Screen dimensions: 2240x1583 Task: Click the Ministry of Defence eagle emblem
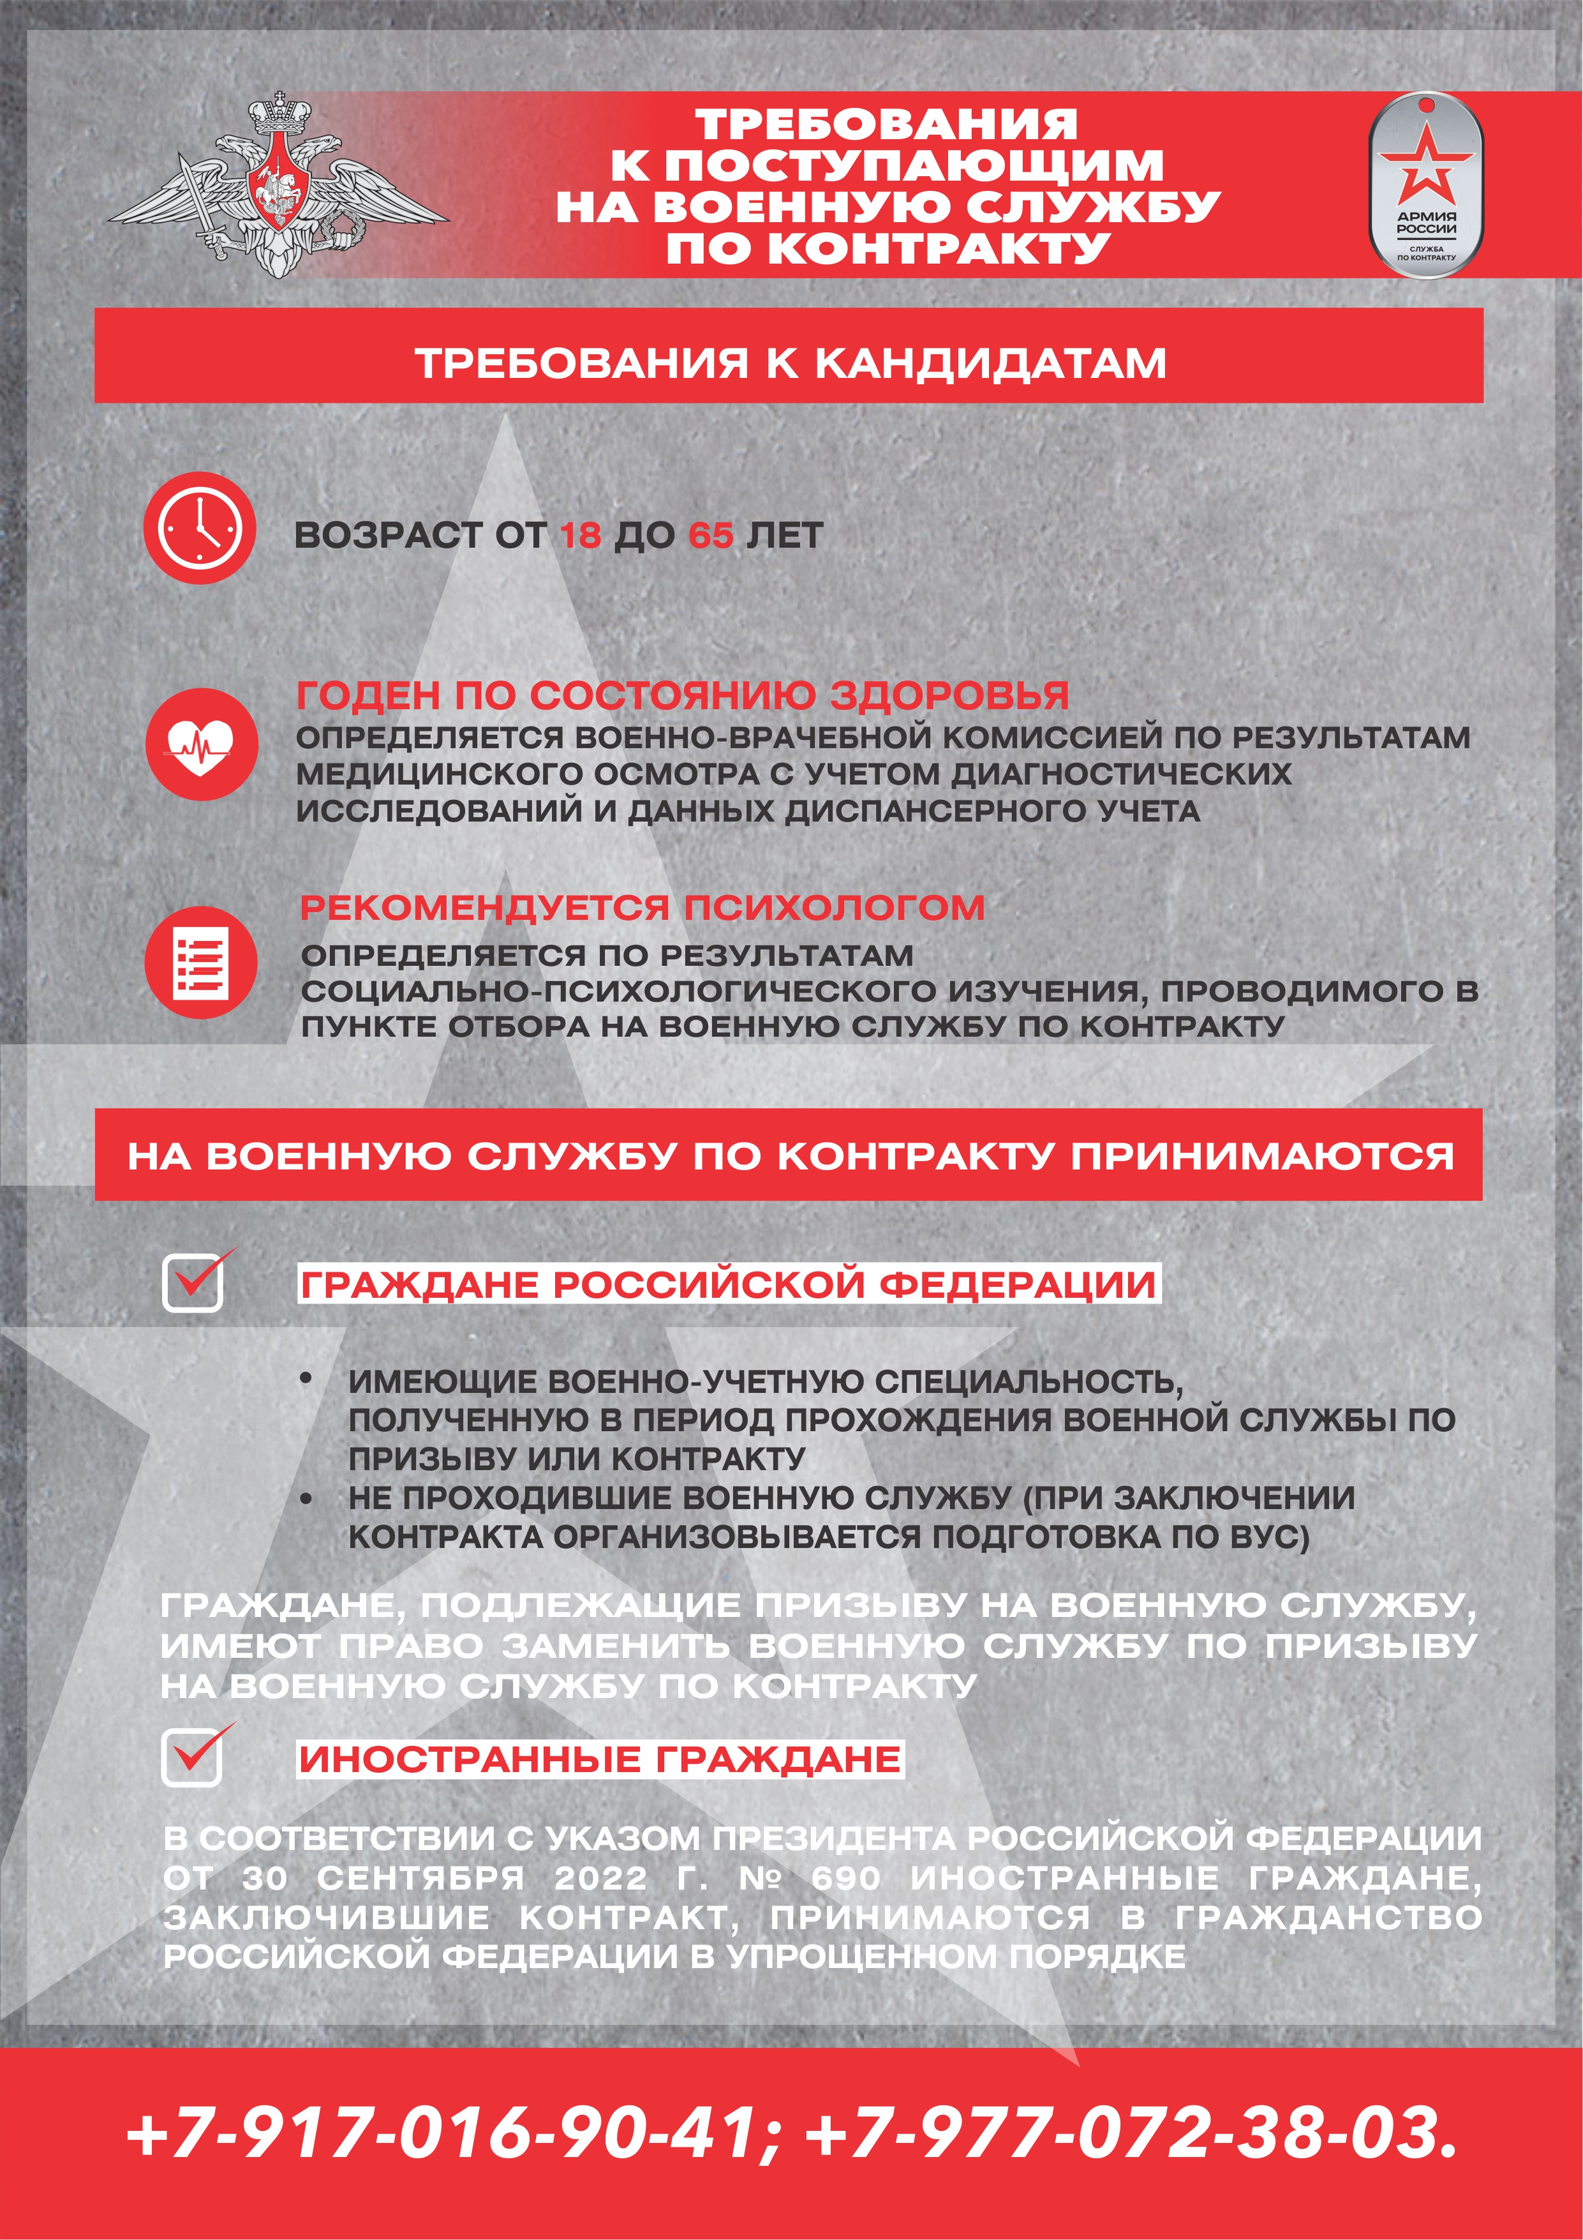[278, 185]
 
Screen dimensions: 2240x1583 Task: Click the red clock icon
[199, 528]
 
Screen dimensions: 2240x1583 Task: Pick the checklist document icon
[201, 961]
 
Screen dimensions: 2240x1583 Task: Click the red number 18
[581, 535]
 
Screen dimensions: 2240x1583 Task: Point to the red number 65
[710, 535]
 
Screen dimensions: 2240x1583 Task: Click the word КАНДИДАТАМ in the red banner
[990, 363]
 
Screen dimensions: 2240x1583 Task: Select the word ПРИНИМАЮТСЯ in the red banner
[1263, 1156]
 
